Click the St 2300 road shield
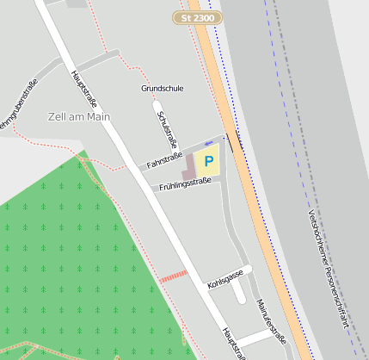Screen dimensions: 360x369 [x=198, y=17]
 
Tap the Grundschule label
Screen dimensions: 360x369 [x=162, y=88]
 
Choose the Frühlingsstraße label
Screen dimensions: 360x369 [x=185, y=183]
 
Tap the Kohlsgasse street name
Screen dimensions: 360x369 [x=225, y=278]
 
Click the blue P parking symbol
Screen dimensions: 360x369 [x=208, y=161]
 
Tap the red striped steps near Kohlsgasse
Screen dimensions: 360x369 [x=173, y=276]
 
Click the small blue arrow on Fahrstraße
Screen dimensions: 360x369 [x=208, y=143]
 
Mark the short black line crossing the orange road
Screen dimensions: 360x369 [x=234, y=142]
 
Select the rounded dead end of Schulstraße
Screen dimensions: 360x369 [x=157, y=109]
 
